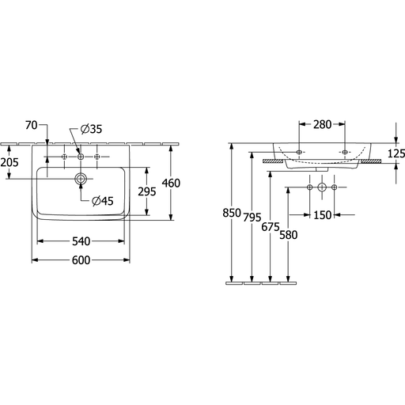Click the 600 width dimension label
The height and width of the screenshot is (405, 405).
click(x=81, y=260)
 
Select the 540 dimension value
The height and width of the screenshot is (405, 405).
click(x=81, y=241)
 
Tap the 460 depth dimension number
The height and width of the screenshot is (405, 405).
click(x=171, y=183)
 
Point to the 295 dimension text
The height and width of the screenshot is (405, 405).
click(x=147, y=191)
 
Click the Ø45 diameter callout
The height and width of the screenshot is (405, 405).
click(x=103, y=201)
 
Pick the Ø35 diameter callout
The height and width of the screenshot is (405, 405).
click(x=91, y=129)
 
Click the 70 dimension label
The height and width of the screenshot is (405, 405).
click(x=32, y=125)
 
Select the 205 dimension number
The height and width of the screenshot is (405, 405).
click(x=9, y=162)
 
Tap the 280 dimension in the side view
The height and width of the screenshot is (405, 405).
click(x=322, y=124)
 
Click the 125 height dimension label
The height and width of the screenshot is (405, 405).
click(x=396, y=153)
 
